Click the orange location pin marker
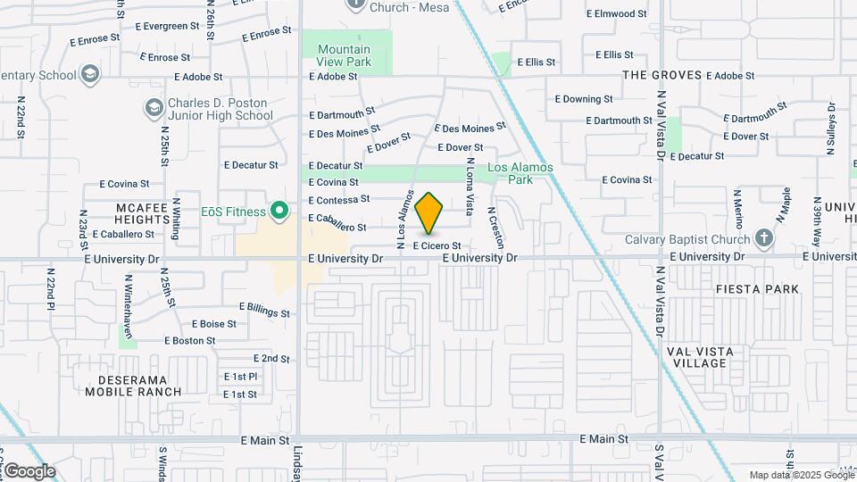point(429,212)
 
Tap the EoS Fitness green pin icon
point(279,212)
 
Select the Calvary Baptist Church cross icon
point(763,238)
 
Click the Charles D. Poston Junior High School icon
point(154,108)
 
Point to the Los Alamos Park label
point(520,173)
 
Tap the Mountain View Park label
point(344,55)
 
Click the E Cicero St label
point(436,245)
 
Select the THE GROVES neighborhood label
point(661,75)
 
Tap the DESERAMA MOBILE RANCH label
point(134,385)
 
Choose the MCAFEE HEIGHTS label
point(142,213)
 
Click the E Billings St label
point(264,310)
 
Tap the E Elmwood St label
point(616,13)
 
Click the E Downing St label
point(584,99)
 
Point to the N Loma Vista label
point(470,186)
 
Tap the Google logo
point(29,471)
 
